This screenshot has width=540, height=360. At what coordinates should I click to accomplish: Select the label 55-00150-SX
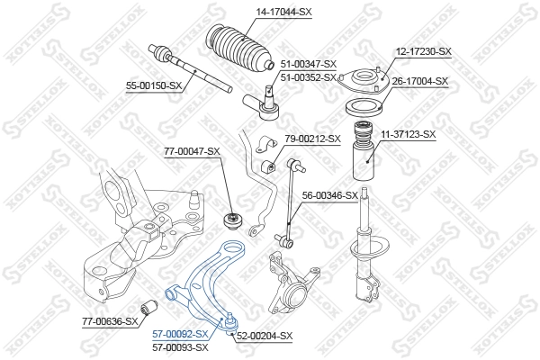pos(154,85)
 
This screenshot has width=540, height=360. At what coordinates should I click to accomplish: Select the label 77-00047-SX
pos(191,151)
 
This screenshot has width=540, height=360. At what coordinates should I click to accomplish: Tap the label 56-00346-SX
pos(329,194)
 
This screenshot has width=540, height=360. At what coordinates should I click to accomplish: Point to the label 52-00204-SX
pos(264,336)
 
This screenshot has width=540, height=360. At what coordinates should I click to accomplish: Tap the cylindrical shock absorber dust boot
pos(366,161)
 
